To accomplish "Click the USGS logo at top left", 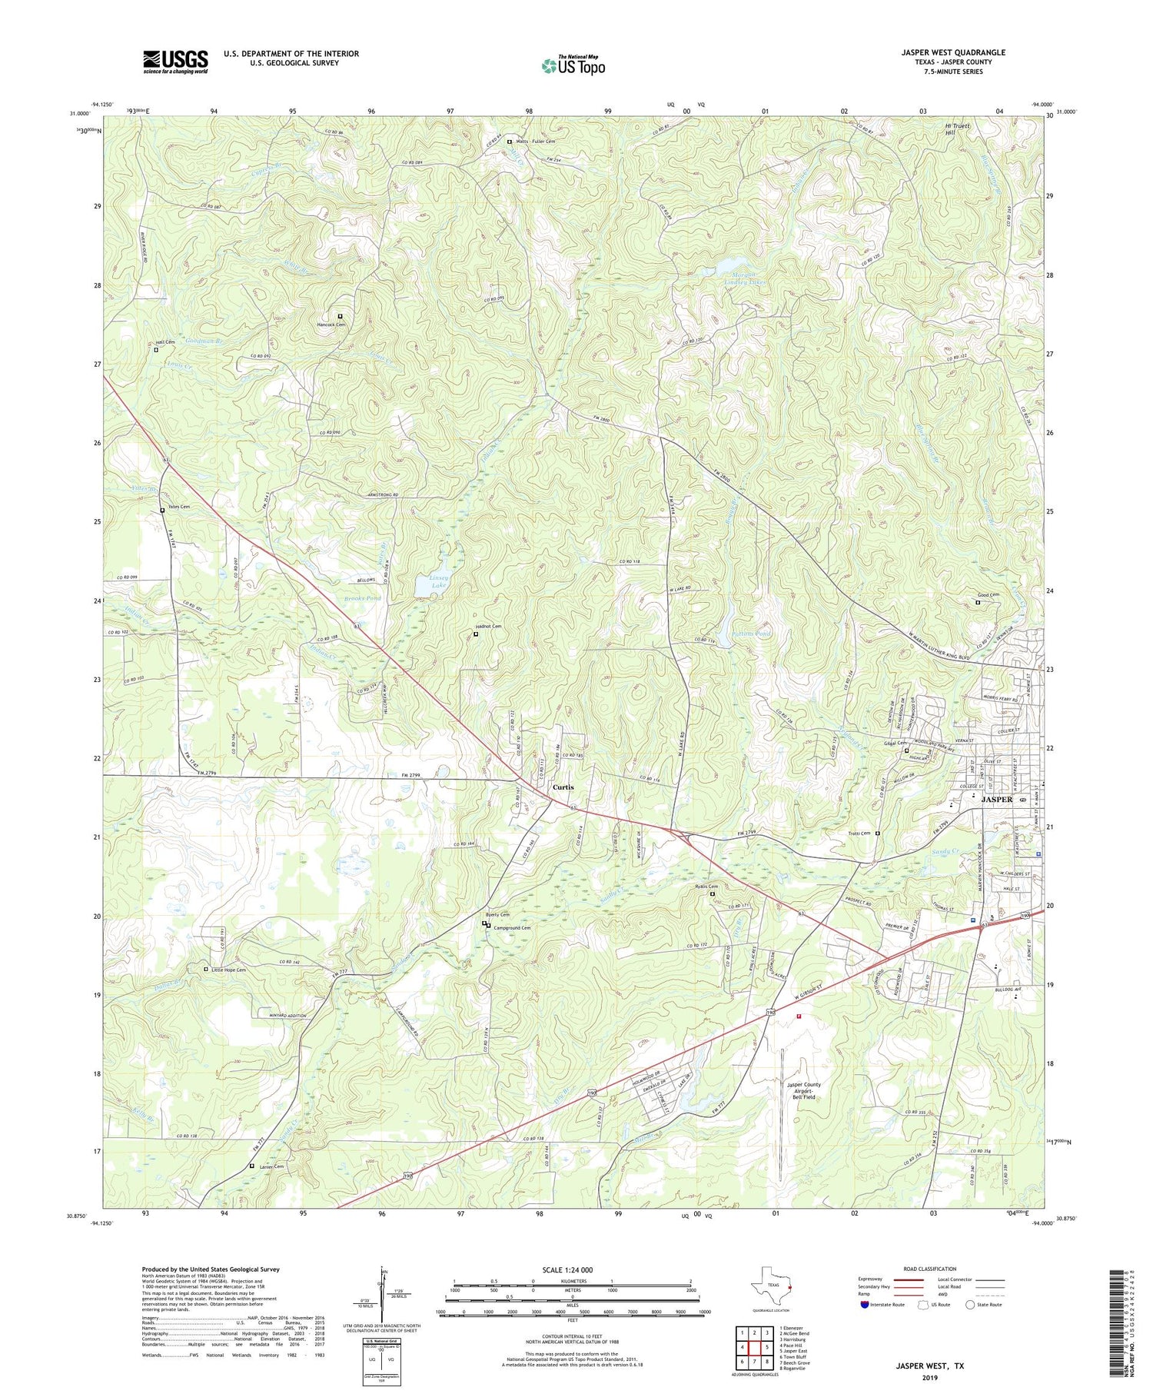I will pyautogui.click(x=175, y=62).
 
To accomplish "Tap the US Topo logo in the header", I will pyautogui.click(x=573, y=66).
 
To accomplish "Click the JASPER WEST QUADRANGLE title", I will pyautogui.click(x=953, y=52).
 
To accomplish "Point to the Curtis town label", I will pyautogui.click(x=563, y=787).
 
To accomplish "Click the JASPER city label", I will pyautogui.click(x=997, y=800).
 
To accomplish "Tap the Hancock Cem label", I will pyautogui.click(x=331, y=324).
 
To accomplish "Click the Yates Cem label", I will pyautogui.click(x=178, y=507).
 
